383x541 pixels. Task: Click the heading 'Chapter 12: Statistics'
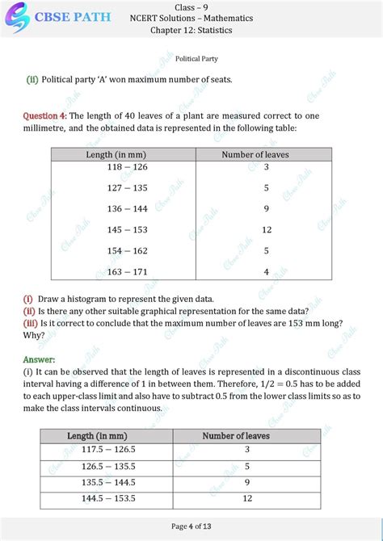pos(191,31)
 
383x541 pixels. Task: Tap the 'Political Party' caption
pos(191,59)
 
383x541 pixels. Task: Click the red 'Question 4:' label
pos(45,116)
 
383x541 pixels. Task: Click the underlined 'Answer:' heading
pos(40,359)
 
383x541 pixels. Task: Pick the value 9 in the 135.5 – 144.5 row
pos(247,483)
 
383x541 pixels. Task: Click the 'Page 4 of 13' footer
pos(191,527)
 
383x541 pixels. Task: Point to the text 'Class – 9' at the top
pos(191,6)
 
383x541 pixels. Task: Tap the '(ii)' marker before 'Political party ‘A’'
pos(32,79)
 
